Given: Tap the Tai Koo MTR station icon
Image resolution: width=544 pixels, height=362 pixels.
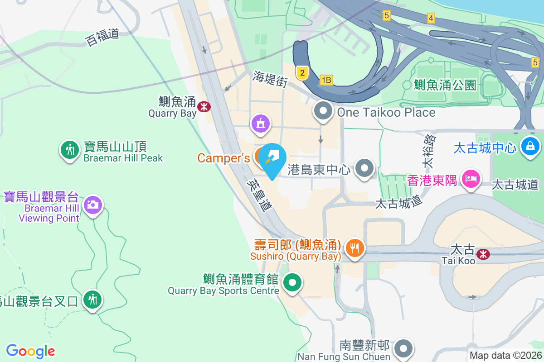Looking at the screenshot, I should click(x=483, y=254).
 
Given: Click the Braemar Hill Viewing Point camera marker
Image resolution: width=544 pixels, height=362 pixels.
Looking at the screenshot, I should click(x=93, y=205).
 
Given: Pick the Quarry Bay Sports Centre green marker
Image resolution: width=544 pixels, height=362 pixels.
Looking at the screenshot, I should click(x=292, y=283).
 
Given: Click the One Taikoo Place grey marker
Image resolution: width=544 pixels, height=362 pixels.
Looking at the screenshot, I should click(x=323, y=111).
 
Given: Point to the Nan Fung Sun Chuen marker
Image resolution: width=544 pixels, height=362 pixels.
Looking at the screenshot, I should click(x=403, y=348).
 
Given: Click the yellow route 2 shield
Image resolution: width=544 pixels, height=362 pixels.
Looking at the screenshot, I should click(x=302, y=72).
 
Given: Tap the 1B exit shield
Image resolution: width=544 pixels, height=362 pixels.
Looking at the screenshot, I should click(x=326, y=80).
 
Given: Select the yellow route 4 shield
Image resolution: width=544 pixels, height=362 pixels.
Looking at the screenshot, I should click(x=431, y=18).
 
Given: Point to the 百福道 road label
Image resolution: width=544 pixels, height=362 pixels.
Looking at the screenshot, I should click(x=102, y=37).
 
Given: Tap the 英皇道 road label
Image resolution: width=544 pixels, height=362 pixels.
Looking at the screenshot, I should click(x=258, y=194).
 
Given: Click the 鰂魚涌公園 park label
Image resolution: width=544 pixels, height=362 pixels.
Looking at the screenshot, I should click(x=445, y=84).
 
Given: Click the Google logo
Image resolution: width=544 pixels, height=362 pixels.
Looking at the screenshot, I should click(x=31, y=351).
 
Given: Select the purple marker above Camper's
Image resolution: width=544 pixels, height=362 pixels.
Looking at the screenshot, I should click(x=260, y=124).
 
